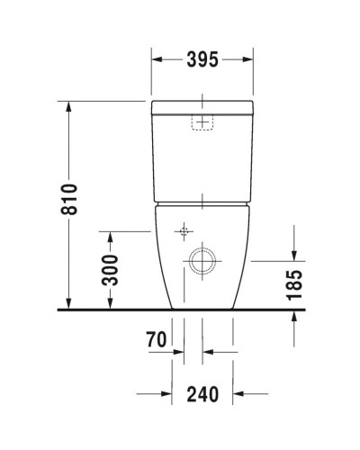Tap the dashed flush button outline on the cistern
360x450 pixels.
point(202,121)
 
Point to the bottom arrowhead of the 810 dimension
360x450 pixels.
point(69,304)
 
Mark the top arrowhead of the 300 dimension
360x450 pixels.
point(110,237)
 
